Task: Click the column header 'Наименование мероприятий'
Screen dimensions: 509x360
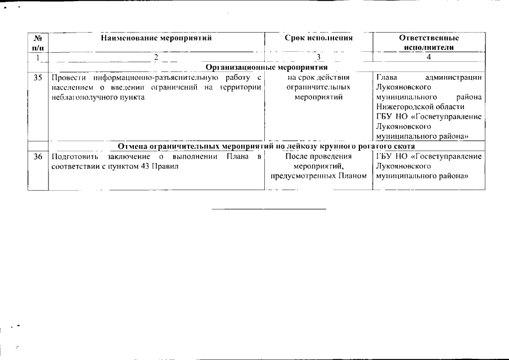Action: tap(156, 38)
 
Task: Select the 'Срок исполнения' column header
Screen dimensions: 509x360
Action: tap(318, 38)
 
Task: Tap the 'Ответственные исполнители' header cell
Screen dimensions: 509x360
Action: tap(429, 43)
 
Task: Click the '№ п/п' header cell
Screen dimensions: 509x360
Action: tap(38, 43)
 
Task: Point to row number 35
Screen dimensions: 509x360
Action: tap(38, 77)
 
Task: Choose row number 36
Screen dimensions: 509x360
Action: tap(38, 156)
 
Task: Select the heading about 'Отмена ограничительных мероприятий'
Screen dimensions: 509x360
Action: tap(267, 146)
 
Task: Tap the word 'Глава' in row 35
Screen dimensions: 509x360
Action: tap(386, 77)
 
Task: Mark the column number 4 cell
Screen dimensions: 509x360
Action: tap(429, 57)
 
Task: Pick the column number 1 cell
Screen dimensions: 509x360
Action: tap(38, 57)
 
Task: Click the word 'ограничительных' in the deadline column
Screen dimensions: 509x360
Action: tap(318, 87)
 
